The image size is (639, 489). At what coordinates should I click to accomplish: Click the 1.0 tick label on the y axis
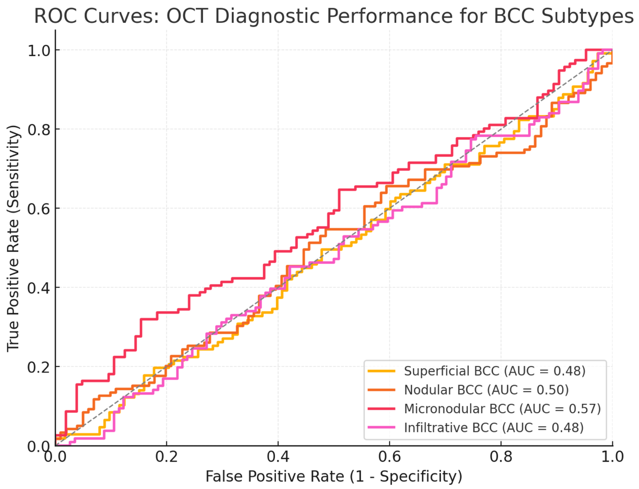[x=39, y=51]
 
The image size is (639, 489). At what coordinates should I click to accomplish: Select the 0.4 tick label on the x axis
[x=278, y=457]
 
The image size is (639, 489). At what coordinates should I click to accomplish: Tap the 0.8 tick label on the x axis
[x=501, y=457]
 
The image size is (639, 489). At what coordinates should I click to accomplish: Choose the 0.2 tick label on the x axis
[x=166, y=457]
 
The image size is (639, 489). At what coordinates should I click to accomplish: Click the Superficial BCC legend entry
[x=495, y=371]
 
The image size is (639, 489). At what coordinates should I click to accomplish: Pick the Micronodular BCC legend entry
[x=502, y=409]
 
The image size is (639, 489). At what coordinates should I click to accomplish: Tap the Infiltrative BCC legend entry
[x=494, y=428]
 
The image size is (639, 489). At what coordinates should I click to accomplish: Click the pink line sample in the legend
[x=382, y=427]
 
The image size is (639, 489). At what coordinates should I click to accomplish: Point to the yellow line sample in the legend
[x=382, y=371]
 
